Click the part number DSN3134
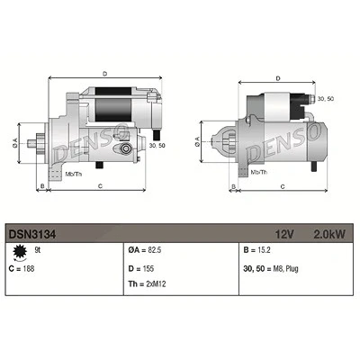point(32,234)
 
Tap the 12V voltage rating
point(284,234)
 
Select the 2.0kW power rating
point(329,234)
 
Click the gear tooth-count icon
point(20,252)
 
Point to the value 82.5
point(155,250)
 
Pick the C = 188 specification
point(22,268)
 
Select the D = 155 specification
point(141,268)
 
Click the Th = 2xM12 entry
point(147,283)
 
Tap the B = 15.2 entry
point(256,250)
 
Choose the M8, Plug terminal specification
point(284,268)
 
